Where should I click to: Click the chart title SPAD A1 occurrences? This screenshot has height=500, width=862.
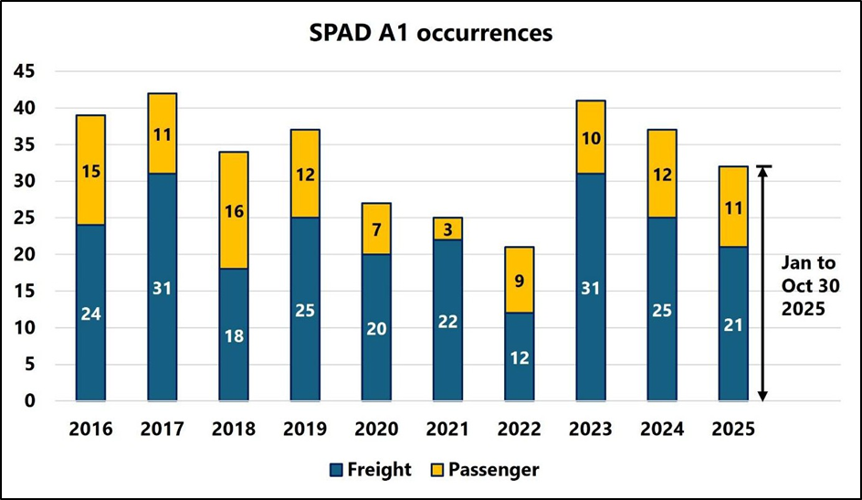[431, 34]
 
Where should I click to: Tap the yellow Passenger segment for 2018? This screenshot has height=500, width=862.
[234, 211]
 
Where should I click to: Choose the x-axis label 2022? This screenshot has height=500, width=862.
[519, 429]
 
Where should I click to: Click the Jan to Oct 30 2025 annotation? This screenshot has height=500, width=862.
[809, 285]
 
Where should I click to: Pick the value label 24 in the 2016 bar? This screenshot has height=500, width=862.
[90, 314]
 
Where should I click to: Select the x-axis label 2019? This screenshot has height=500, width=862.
[305, 429]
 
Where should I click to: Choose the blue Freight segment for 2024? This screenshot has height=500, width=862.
[661, 310]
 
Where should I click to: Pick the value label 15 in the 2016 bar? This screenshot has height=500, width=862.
[90, 171]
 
